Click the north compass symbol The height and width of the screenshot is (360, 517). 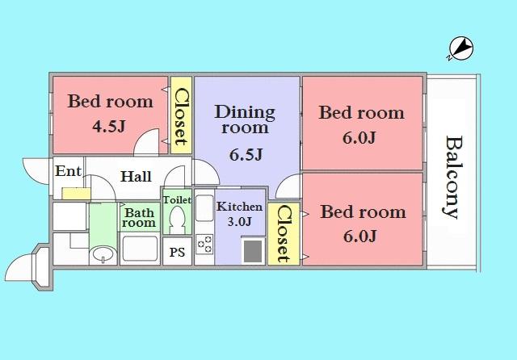(x=460, y=49)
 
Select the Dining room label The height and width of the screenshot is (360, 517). (x=244, y=119)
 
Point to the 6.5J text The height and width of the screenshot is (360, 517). (x=245, y=153)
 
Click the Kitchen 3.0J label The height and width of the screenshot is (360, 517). (x=240, y=214)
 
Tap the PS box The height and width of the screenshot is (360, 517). (x=177, y=253)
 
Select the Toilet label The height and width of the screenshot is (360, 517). (x=177, y=199)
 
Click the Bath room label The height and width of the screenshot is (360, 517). (x=139, y=217)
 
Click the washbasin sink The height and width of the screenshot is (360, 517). (x=103, y=254)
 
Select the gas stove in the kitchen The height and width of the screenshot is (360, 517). (x=204, y=243)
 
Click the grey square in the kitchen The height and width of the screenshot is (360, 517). (x=253, y=252)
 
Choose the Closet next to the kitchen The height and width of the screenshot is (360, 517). (x=284, y=233)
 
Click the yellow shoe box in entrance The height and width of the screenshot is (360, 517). (x=76, y=193)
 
